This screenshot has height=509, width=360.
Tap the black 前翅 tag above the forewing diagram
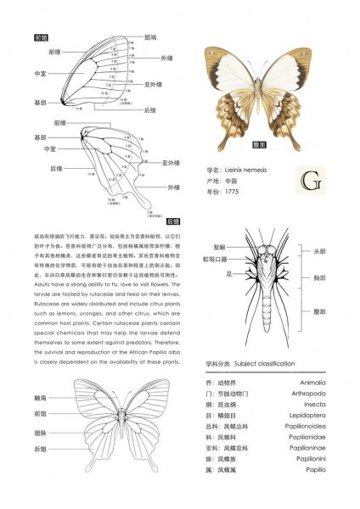pos(41,38)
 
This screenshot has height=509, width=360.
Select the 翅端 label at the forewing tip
pos(150,37)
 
